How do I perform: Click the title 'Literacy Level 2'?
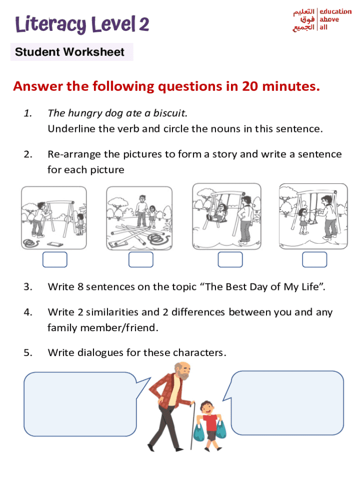pyautogui.click(x=82, y=24)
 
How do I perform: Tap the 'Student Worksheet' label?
pyautogui.click(x=70, y=52)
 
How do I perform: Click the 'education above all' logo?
pyautogui.click(x=322, y=20)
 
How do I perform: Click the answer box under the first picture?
pyautogui.click(x=55, y=260)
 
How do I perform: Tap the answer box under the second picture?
pyautogui.click(x=141, y=260)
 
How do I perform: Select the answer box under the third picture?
pyautogui.click(x=230, y=260)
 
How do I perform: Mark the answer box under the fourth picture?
pyautogui.click(x=314, y=260)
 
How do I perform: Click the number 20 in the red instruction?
pyautogui.click(x=250, y=87)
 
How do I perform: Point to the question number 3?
pyautogui.click(x=28, y=287)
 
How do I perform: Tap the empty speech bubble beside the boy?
pyautogui.click(x=287, y=403)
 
